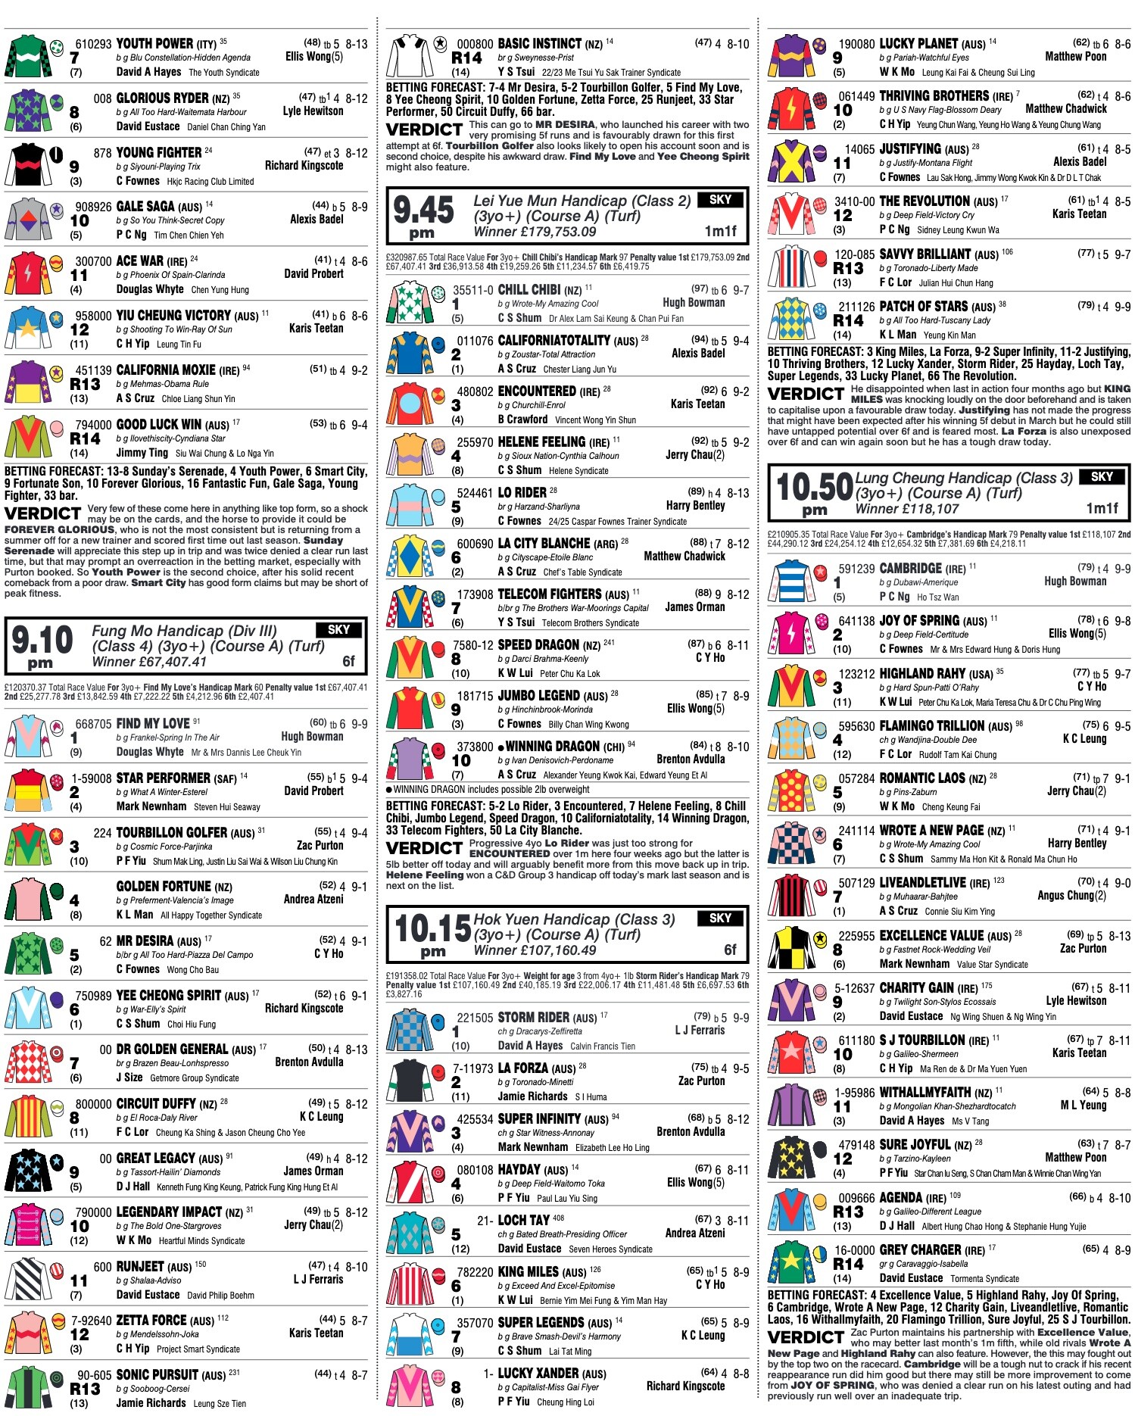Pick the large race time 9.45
[424, 211]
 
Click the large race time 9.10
[42, 641]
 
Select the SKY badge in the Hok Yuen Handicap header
[720, 918]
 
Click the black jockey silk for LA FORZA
[409, 1081]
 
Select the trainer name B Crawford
[522, 419]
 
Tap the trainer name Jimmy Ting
[142, 453]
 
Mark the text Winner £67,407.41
[149, 662]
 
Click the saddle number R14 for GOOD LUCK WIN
[85, 438]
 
